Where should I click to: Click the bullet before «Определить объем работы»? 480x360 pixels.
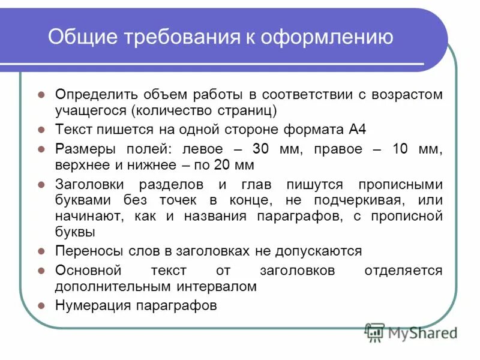pos(41,95)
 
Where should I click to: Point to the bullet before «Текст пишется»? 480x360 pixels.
pos(41,130)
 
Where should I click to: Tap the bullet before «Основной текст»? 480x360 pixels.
pos(41,271)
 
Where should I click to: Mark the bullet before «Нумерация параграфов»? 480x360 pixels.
pos(41,305)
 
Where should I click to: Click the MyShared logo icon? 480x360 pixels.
pos(375,332)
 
